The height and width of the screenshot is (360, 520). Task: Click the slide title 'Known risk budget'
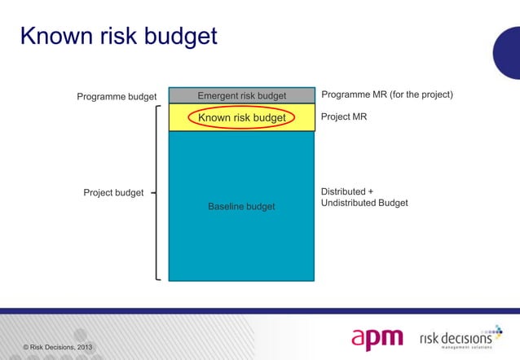(119, 37)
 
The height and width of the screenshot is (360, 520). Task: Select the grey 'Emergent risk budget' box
(241, 96)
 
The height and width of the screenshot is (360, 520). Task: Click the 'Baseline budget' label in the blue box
(241, 207)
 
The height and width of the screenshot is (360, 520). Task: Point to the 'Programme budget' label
(117, 97)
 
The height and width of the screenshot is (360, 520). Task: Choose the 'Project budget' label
(113, 193)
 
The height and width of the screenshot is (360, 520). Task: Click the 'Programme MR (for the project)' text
(387, 95)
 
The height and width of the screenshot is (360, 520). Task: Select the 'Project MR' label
(344, 117)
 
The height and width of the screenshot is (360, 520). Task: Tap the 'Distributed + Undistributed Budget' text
(364, 197)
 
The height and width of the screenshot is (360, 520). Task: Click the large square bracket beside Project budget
(156, 193)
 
